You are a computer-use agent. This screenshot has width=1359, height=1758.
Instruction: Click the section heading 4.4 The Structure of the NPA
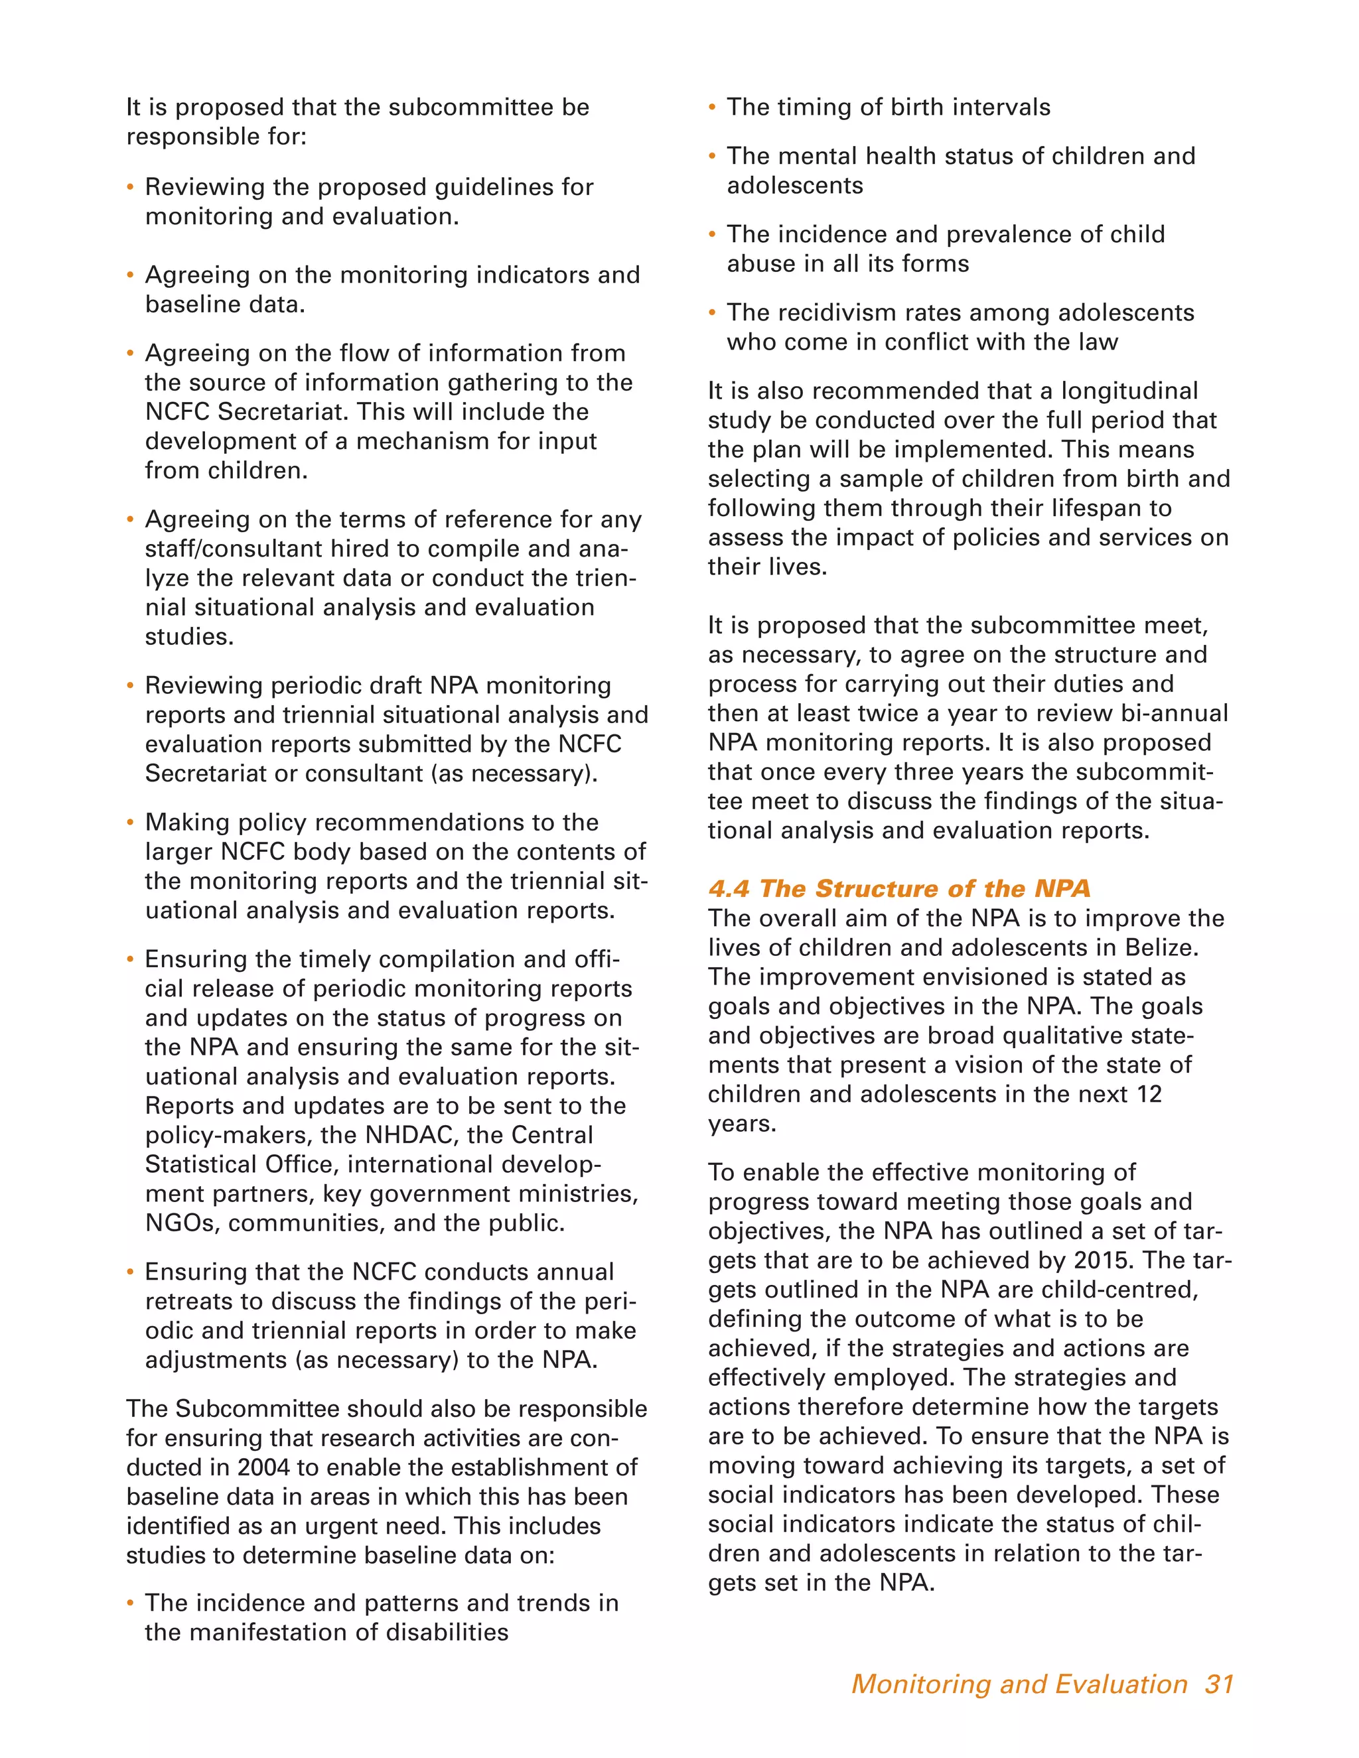[898, 889]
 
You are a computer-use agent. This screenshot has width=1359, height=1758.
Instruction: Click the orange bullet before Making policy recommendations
[131, 823]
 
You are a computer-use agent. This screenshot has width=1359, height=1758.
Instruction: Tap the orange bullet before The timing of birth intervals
[712, 108]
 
